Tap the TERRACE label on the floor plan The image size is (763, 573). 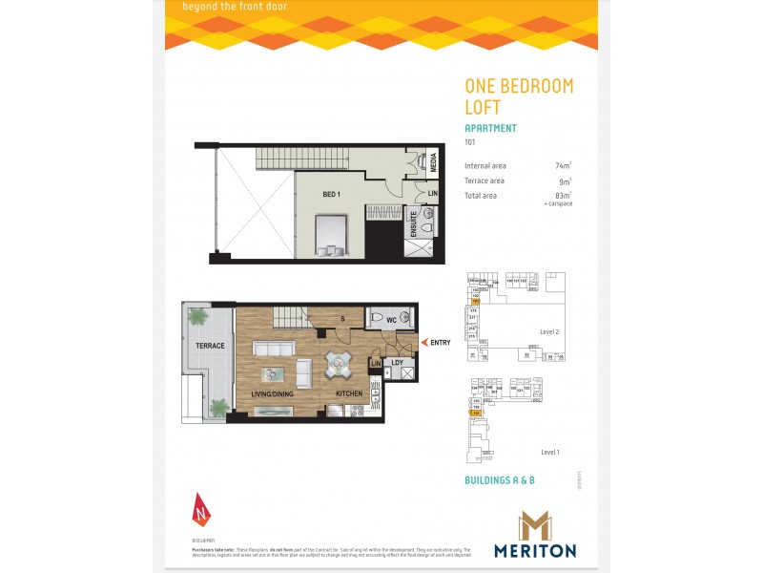[x=210, y=346]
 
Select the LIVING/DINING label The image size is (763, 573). [x=272, y=393]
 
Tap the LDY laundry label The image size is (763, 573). [x=397, y=363]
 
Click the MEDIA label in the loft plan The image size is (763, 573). [x=433, y=163]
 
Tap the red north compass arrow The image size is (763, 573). [x=199, y=509]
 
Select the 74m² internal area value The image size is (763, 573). [x=563, y=165]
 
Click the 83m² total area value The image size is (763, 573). [x=563, y=196]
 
